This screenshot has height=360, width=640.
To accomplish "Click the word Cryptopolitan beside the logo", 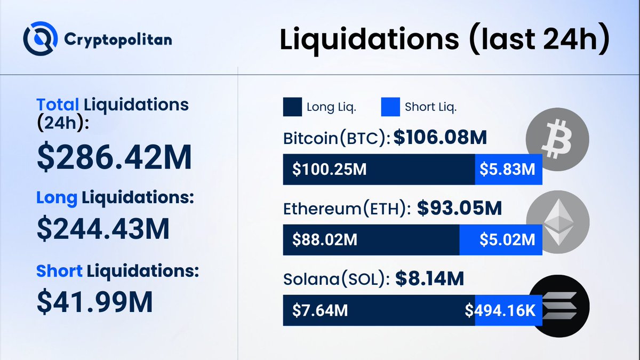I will pos(117,39).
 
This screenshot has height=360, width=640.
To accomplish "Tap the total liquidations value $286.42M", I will pos(114,157).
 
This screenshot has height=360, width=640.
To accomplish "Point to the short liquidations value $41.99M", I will pos(94,301).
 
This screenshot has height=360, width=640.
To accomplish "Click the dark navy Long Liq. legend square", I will pos(292,107).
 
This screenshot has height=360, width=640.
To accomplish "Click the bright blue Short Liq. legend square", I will pos(390,107).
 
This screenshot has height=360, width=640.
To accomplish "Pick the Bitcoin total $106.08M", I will pos(441,139).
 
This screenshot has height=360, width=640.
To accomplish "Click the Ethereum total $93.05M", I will pos(459,209).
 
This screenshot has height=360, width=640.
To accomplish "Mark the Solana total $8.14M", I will pos(429,278).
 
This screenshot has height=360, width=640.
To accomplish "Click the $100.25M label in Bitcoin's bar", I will pos(329,170).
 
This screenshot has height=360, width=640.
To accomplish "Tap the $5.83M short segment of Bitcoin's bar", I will pos(508,170).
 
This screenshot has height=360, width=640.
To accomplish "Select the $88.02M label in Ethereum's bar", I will pos(325,240).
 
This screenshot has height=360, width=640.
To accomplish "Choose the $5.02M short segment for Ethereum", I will pos(507,240).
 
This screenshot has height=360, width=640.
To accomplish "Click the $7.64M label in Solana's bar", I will pos(320,310).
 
